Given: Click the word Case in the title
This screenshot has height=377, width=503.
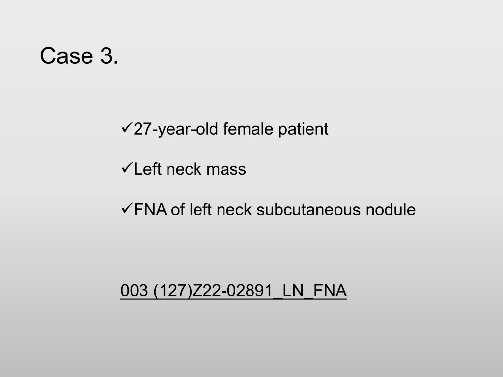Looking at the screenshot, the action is click(x=66, y=56).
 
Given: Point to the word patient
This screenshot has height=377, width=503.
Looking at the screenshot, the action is click(x=303, y=130).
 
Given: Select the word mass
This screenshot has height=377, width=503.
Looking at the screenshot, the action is click(x=226, y=170).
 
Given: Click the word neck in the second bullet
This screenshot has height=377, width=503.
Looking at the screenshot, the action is click(x=184, y=169).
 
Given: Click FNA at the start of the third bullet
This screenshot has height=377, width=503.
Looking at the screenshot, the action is click(x=150, y=210).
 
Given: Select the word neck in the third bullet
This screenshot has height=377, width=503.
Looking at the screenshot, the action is click(x=234, y=210).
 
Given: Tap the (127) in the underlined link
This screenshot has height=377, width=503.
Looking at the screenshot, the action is click(x=172, y=291).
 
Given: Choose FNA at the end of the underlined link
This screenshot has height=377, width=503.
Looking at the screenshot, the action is click(x=330, y=291).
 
